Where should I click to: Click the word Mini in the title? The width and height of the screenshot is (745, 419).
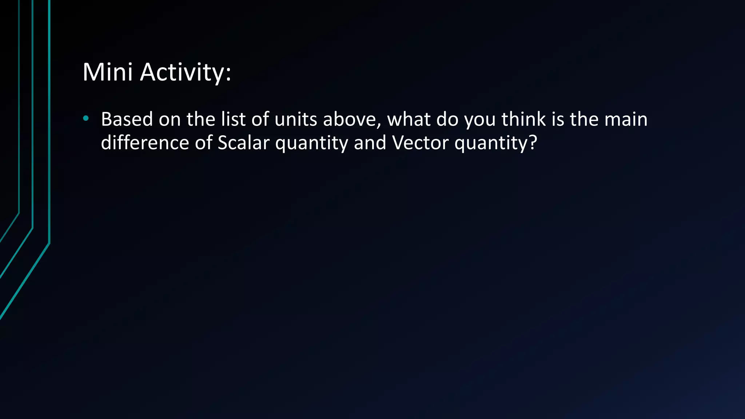point(107,72)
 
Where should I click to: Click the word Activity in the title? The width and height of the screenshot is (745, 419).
point(182,72)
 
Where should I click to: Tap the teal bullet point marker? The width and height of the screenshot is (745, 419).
point(85,118)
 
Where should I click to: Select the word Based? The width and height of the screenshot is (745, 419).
point(127,119)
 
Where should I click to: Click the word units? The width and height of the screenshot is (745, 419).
point(296,119)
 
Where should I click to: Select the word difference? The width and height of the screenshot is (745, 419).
point(145,143)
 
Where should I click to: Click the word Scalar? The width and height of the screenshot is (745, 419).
point(243,143)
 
